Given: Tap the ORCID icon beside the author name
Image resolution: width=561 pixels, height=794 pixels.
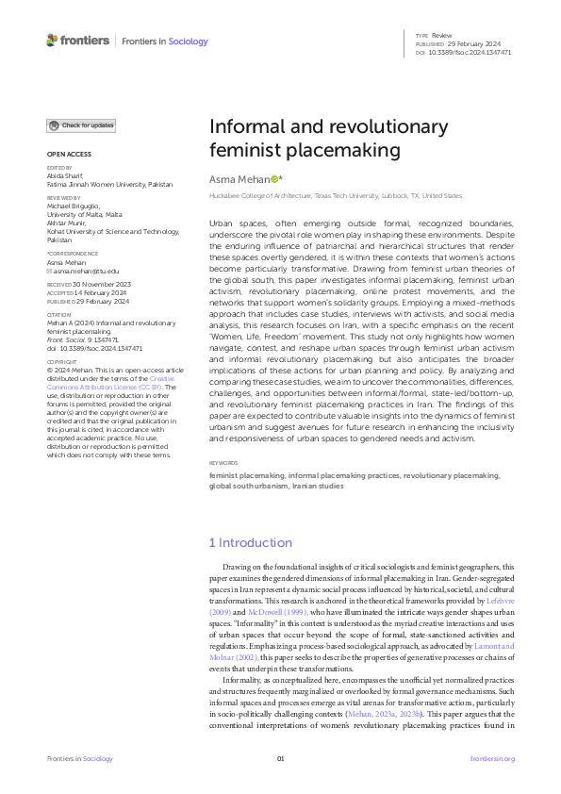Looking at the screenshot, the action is [274, 178].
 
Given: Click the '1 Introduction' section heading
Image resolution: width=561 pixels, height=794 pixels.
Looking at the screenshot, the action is [250, 543].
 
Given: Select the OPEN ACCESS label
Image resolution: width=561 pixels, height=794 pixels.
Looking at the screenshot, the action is [69, 155].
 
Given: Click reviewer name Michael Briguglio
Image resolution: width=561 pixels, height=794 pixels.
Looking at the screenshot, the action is [77, 203].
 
